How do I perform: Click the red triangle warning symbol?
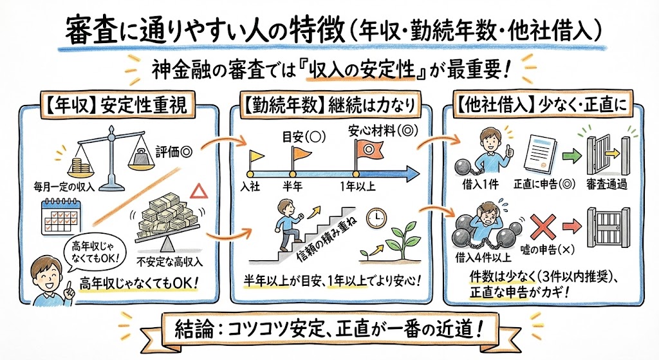click(x=199, y=191)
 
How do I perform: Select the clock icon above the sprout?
click(x=374, y=219)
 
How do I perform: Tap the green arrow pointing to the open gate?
click(x=571, y=156)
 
